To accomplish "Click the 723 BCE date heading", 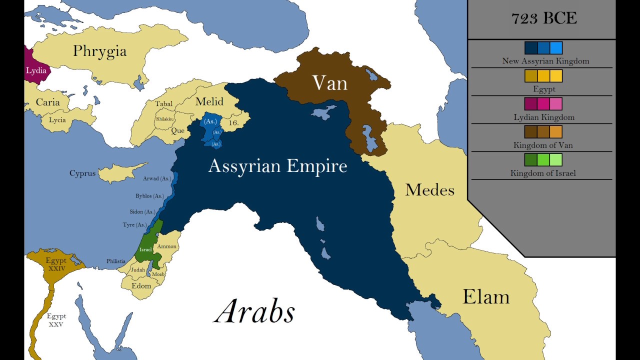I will click(544, 18).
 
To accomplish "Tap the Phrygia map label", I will click(99, 51).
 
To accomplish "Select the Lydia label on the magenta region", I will click(36, 70).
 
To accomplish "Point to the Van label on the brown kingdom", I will click(329, 83).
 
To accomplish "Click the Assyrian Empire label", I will click(277, 166).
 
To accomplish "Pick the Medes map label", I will click(429, 190).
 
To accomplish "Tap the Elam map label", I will click(485, 296).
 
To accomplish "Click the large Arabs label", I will click(255, 311).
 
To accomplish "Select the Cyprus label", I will click(82, 173).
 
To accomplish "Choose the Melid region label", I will click(209, 101).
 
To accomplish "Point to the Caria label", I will click(47, 102).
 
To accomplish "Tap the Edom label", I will click(141, 286).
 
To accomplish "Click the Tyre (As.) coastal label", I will click(135, 225).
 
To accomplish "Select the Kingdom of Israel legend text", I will click(543, 173).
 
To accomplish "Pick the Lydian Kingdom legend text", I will click(544, 117).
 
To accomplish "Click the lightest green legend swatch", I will click(555, 160).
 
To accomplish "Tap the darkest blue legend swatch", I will click(531, 48).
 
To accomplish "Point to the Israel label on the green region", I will click(145, 249).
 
